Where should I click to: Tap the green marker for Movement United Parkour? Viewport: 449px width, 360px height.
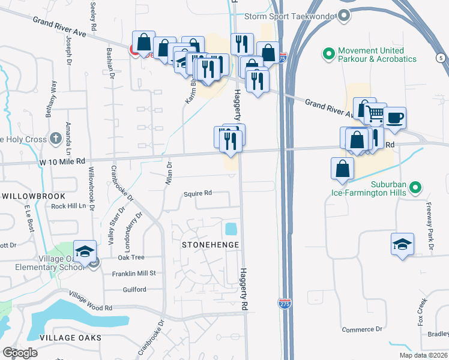(x=329, y=55)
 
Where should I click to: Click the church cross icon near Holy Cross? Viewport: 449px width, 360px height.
(x=56, y=139)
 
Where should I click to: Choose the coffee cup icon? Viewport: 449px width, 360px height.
(x=394, y=118)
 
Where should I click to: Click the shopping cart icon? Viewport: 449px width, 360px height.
(x=375, y=113)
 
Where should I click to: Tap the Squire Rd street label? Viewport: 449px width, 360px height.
(x=198, y=193)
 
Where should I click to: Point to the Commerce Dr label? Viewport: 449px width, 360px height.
(x=362, y=329)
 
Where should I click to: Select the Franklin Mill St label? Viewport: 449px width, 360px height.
(x=134, y=273)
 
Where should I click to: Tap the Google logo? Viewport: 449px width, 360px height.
(x=19, y=352)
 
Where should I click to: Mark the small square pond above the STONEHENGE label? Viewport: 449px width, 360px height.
(x=231, y=229)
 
